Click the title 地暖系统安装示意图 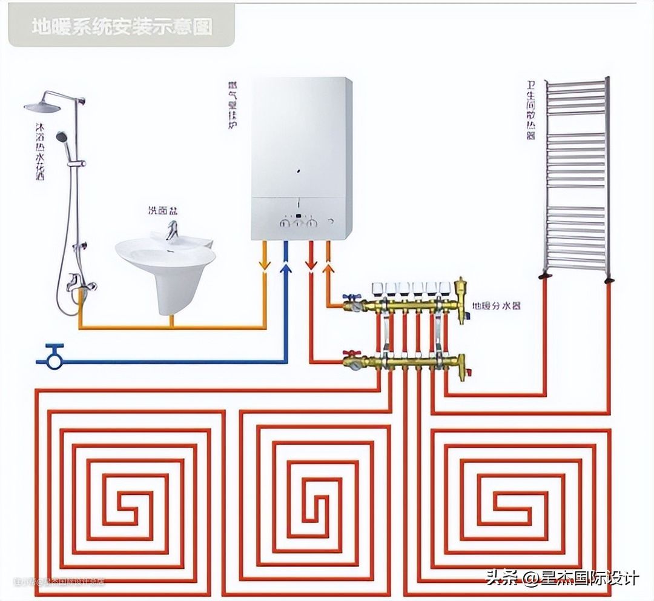pyautogui.click(x=122, y=27)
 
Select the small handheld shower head pyautogui.click(x=62, y=137)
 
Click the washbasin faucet pyautogui.click(x=173, y=230)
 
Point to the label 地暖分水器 pyautogui.click(x=497, y=306)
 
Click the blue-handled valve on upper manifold pyautogui.click(x=351, y=299)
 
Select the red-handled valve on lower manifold pyautogui.click(x=349, y=353)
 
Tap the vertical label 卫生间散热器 pyautogui.click(x=531, y=110)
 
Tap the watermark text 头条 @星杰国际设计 pyautogui.click(x=562, y=578)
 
